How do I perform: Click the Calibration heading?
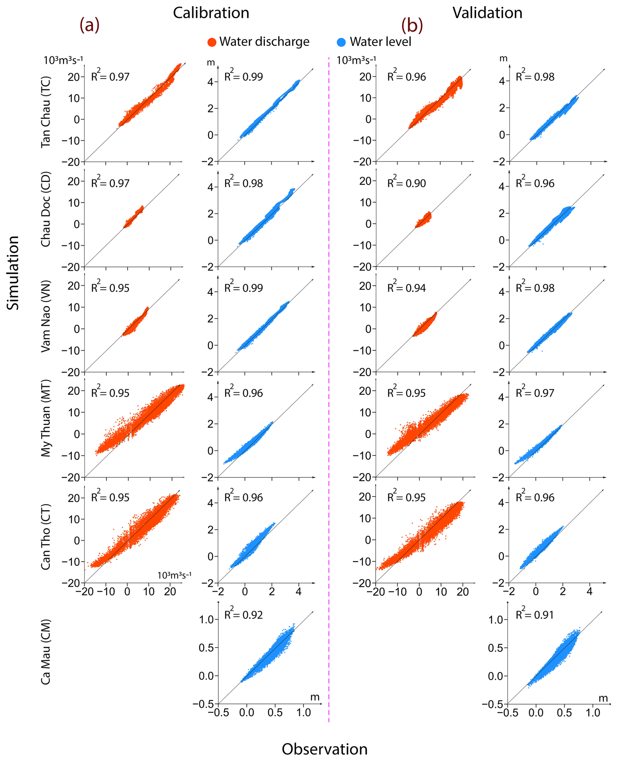[211, 13]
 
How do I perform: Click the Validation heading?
[487, 13]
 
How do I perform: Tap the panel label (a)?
[89, 25]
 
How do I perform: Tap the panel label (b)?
[412, 25]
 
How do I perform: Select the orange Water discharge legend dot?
[212, 42]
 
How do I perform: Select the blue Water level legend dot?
[341, 42]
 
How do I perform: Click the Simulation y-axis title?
[13, 272]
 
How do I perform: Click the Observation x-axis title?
[324, 749]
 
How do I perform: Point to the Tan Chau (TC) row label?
[46, 112]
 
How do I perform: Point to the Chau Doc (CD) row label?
[46, 209]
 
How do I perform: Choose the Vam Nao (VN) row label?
[46, 317]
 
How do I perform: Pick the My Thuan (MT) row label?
[46, 418]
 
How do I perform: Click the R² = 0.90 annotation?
[406, 183]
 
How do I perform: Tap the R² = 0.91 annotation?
[535, 614]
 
